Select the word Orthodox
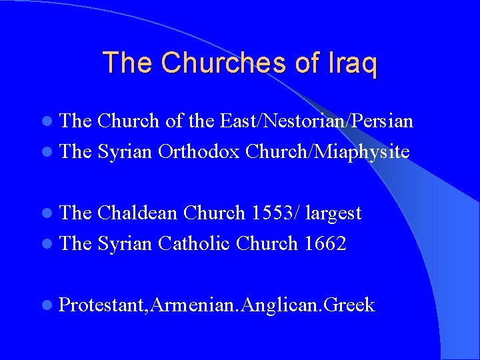pyautogui.click(x=199, y=151)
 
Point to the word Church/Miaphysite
pyautogui.click(x=327, y=151)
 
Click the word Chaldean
pyautogui.click(x=137, y=213)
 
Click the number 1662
pyautogui.click(x=325, y=243)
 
